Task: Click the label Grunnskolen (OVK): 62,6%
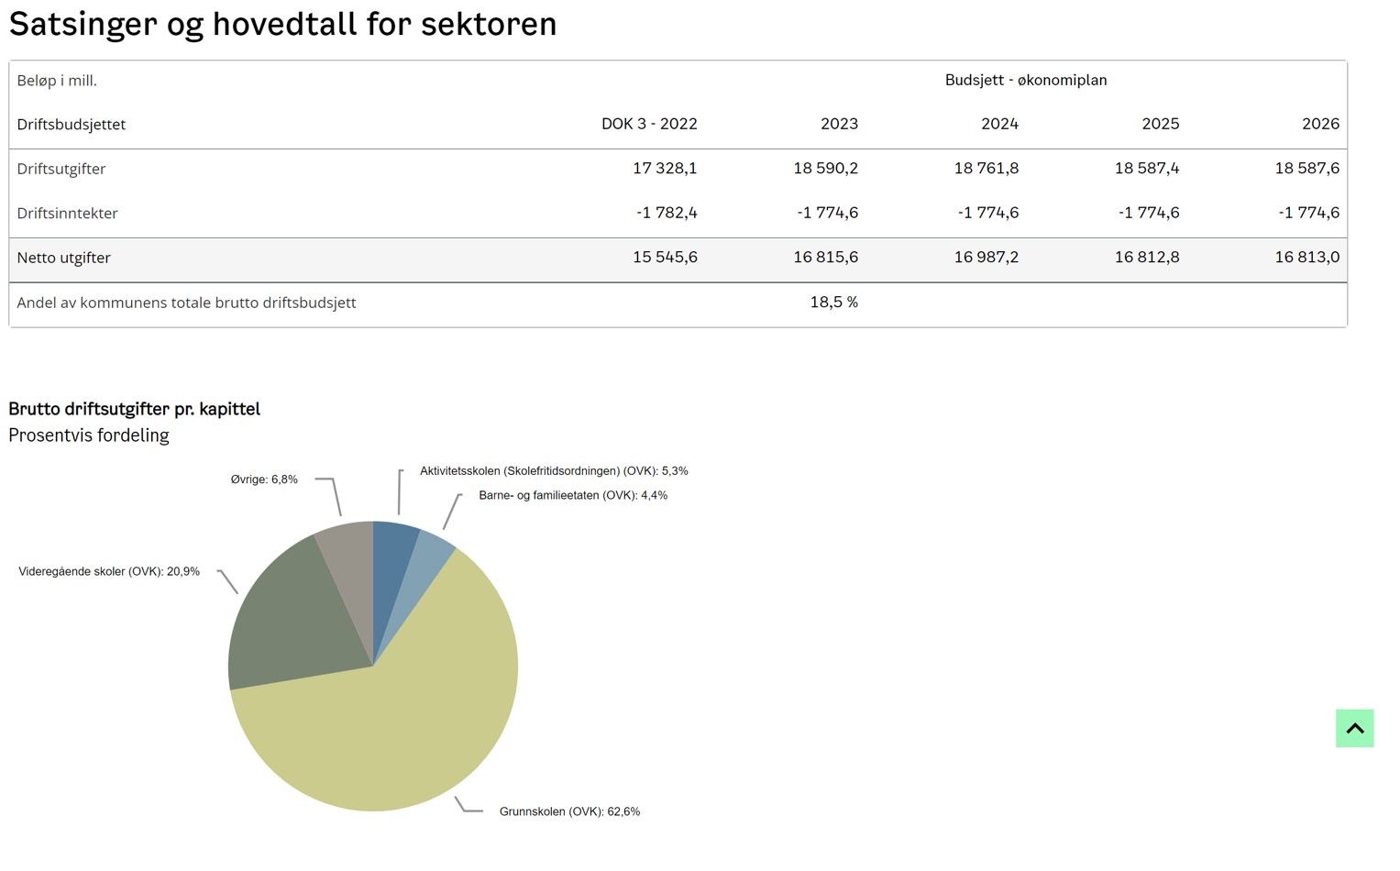pyautogui.click(x=569, y=811)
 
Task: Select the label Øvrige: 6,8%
pyautogui.click(x=264, y=480)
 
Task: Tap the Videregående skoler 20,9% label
pyautogui.click(x=109, y=571)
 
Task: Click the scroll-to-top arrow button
pyautogui.click(x=1354, y=728)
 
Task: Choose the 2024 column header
pyautogui.click(x=999, y=124)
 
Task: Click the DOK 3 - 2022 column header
pyautogui.click(x=649, y=124)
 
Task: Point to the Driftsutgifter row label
pyautogui.click(x=61, y=169)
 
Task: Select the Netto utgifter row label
pyautogui.click(x=64, y=258)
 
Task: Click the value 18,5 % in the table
pyautogui.click(x=833, y=302)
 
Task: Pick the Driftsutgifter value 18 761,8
pyautogui.click(x=986, y=169)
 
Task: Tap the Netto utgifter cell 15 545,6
pyautogui.click(x=665, y=258)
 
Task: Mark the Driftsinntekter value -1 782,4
pyautogui.click(x=667, y=213)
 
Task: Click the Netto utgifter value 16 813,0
pyautogui.click(x=1306, y=258)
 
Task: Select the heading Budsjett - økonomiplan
pyautogui.click(x=1026, y=80)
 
